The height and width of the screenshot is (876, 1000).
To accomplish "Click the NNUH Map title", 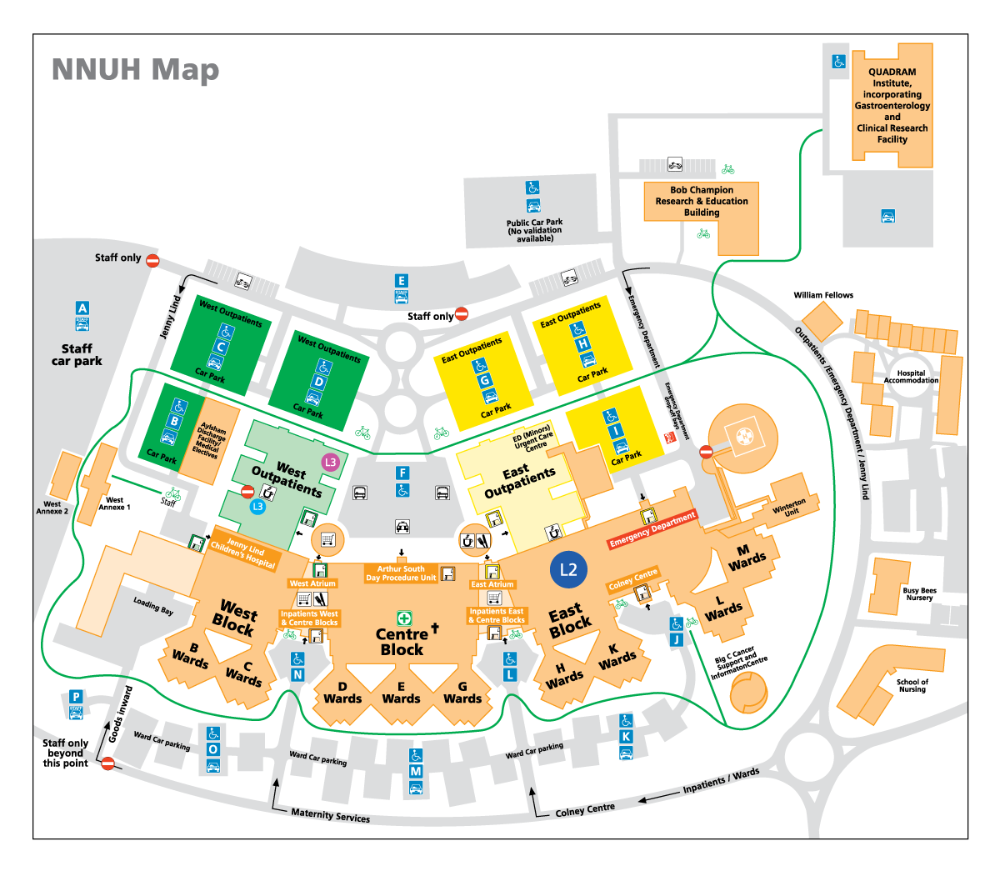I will tap(135, 70).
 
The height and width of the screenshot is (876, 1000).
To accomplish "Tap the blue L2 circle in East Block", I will tap(568, 570).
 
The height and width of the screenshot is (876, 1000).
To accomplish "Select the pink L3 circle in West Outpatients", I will tap(331, 462).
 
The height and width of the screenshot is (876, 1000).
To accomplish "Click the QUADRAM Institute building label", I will tap(892, 106).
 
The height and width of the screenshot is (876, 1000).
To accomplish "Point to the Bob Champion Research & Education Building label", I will tap(702, 201).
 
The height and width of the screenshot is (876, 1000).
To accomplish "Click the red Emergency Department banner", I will tap(652, 531).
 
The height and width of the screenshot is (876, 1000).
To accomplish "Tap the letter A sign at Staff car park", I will tap(82, 308).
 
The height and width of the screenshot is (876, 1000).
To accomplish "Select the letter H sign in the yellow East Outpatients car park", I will tap(582, 343).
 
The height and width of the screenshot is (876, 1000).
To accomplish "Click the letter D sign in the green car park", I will tap(319, 382).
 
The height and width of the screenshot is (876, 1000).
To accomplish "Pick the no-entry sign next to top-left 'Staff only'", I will tap(152, 260).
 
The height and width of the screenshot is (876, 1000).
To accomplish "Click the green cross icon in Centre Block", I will tap(404, 618).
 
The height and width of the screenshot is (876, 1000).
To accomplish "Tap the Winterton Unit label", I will tap(790, 508).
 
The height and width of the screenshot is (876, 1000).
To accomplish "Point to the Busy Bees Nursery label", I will tap(919, 594).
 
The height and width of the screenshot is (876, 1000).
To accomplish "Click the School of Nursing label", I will tap(912, 685).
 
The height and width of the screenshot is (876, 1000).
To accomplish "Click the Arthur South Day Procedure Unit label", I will tap(401, 573).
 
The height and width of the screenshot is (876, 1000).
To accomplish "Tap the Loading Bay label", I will tap(153, 606).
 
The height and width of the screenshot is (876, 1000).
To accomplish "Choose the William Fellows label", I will tap(823, 295).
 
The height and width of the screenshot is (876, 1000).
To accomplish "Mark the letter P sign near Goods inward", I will tap(76, 697).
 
